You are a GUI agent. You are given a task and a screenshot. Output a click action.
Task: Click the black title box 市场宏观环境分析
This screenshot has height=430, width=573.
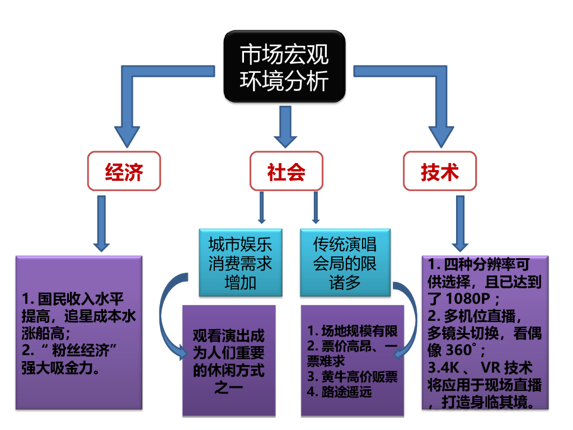284,66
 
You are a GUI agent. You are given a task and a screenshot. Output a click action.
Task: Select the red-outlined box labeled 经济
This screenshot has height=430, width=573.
124,171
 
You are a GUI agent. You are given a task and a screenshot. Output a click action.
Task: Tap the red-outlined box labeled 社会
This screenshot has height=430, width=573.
286,171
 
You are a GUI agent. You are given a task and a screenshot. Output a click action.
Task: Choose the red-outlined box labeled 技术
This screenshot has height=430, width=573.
440,171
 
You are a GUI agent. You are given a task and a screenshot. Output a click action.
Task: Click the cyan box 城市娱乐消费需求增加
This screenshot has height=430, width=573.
241,263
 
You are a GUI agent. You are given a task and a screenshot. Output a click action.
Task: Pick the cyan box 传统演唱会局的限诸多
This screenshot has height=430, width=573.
345,263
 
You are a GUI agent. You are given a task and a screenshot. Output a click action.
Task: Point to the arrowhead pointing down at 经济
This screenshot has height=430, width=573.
127,137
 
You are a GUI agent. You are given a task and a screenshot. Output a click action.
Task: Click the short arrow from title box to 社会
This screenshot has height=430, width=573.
285,127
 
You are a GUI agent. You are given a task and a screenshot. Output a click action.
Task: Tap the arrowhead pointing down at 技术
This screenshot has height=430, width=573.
441,137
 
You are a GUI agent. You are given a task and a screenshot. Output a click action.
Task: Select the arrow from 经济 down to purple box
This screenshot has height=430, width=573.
101,223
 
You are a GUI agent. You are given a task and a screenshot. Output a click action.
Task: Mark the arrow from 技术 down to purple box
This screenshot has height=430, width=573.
460,223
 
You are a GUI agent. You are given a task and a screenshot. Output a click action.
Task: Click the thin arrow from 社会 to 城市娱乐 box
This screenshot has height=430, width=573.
261,207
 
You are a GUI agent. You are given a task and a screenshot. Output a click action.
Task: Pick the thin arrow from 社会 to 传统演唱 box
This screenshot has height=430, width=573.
316,207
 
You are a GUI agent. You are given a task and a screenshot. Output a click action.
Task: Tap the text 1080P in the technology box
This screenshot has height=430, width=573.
468,299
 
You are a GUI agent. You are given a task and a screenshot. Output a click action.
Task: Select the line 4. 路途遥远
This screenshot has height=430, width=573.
340,392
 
